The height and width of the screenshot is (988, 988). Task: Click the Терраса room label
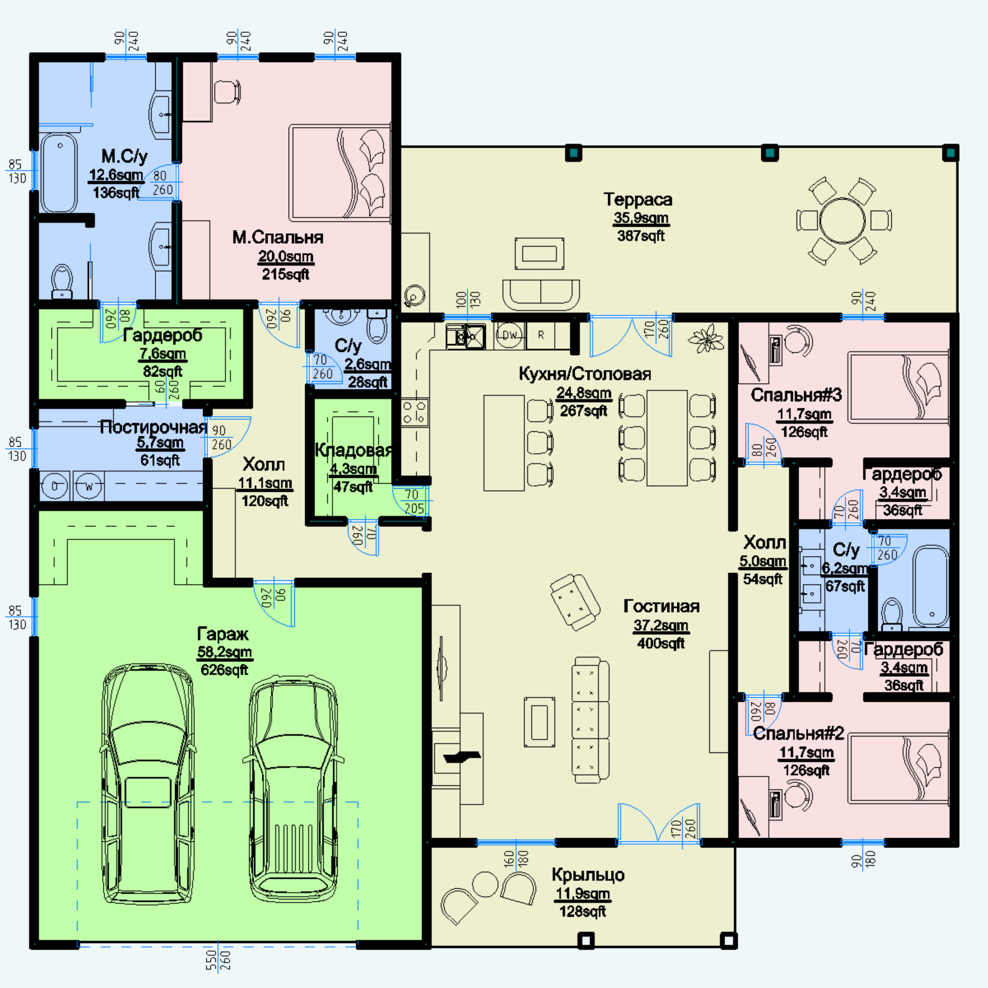click(638, 199)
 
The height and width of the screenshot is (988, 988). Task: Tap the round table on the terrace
click(843, 221)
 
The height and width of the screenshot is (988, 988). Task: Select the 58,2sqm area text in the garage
click(224, 652)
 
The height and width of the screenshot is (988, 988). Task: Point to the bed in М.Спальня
click(340, 172)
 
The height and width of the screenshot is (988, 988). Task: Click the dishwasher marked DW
click(509, 335)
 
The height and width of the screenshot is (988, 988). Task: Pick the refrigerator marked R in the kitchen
click(541, 335)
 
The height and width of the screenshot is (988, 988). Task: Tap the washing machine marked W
click(88, 486)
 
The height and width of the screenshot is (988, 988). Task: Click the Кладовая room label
click(353, 451)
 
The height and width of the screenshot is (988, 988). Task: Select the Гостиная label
click(661, 606)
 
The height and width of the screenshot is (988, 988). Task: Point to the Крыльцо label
click(588, 875)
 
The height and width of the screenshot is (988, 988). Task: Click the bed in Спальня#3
click(899, 388)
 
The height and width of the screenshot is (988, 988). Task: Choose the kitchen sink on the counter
click(465, 336)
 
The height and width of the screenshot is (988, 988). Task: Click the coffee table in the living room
click(540, 722)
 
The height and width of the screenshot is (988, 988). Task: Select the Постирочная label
click(153, 427)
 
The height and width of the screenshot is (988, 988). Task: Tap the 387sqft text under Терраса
click(641, 236)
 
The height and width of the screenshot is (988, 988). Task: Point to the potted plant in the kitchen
click(706, 339)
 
